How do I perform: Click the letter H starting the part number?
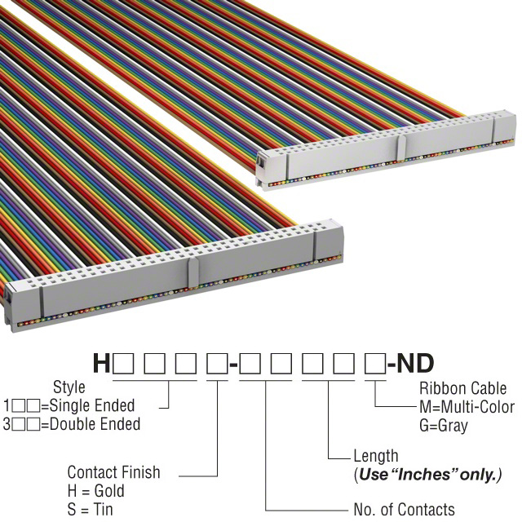pos(101,363)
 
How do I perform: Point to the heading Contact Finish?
pos(113,472)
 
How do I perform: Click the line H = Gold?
pos(95,491)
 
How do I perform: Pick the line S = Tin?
pos(91,510)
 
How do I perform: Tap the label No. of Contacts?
pos(404,510)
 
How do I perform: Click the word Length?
pos(376,456)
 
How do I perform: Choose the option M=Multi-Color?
pos(467,407)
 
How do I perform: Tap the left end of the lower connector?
pos(11,306)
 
